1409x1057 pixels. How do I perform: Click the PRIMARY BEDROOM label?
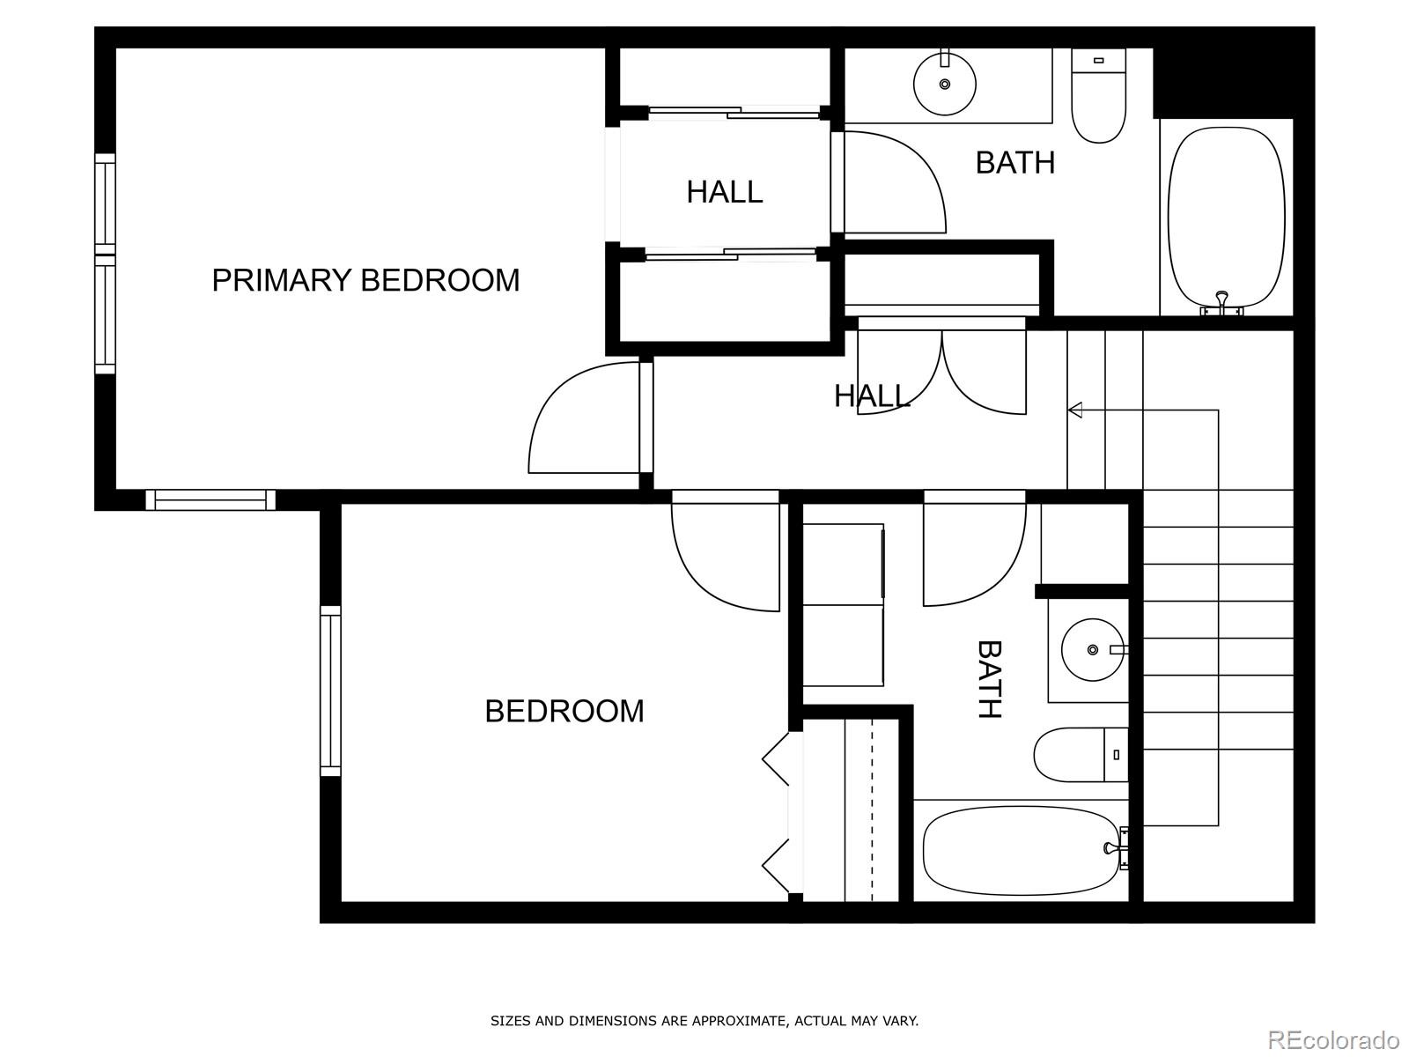[x=365, y=280]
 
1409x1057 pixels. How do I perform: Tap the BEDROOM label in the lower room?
[x=564, y=711]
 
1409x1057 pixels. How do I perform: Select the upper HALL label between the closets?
[x=724, y=191]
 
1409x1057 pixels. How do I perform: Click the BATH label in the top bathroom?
[x=1014, y=163]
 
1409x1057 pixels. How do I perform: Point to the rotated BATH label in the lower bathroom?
[x=990, y=679]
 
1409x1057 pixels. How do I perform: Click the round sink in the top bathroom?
[x=945, y=84]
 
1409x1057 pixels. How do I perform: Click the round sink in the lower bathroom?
[x=1093, y=649]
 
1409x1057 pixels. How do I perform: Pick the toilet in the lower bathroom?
[x=1079, y=755]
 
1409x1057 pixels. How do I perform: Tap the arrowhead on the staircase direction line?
[x=1074, y=410]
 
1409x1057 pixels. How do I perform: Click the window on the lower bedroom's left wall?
[x=330, y=691]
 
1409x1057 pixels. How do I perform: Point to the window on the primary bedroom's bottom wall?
[x=210, y=500]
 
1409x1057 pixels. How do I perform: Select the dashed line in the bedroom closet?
[x=872, y=810]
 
